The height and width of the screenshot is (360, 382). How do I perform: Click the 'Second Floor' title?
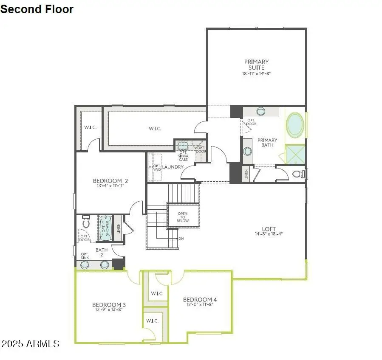[37, 9]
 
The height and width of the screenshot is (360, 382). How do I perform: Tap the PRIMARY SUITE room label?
[256, 65]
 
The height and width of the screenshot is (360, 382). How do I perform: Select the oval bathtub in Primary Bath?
[294, 125]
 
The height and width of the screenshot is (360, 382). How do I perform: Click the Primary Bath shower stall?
[295, 154]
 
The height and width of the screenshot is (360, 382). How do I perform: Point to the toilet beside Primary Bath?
[299, 174]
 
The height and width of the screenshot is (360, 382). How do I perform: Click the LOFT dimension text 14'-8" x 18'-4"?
[269, 234]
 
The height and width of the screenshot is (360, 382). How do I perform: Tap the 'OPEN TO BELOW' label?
[183, 217]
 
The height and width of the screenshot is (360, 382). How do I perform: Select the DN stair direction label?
[181, 239]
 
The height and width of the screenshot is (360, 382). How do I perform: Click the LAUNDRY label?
[173, 167]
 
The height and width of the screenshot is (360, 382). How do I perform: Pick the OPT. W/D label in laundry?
[157, 168]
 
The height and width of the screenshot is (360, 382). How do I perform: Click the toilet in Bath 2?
[86, 222]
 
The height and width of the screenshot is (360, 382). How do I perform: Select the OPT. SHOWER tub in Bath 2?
[105, 228]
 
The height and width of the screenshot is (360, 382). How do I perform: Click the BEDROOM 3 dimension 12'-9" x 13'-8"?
[109, 310]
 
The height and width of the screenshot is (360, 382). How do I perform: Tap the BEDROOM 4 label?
[200, 300]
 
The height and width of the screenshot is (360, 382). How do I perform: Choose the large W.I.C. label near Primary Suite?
[155, 129]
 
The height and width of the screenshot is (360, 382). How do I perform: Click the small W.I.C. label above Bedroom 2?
[90, 127]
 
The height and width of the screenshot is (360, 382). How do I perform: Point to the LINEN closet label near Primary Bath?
[246, 174]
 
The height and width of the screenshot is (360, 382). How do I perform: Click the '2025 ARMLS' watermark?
[30, 343]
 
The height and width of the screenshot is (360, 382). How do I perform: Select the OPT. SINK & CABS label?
[183, 156]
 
